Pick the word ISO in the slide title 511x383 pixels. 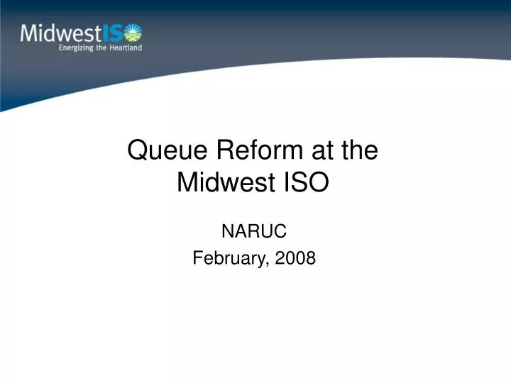(x=307, y=182)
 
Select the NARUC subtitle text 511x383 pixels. (x=255, y=230)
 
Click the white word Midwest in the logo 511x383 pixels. (x=61, y=32)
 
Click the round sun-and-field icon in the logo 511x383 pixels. (x=133, y=32)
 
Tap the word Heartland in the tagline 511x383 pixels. (x=125, y=48)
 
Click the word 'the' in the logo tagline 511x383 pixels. (x=101, y=48)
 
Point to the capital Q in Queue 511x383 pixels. (x=137, y=151)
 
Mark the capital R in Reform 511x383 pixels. (x=226, y=151)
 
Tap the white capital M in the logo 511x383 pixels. (x=30, y=32)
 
